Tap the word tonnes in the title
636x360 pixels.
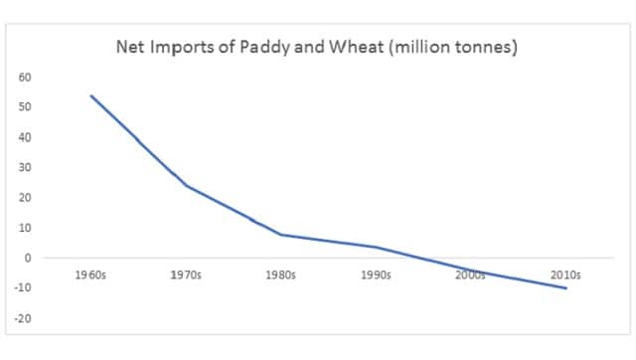point(483,47)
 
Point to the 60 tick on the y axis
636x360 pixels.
point(26,77)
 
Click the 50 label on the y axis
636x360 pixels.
point(26,106)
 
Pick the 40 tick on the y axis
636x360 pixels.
point(26,137)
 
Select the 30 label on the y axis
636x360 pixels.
point(26,167)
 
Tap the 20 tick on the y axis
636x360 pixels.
point(26,198)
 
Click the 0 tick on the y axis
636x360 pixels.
point(29,258)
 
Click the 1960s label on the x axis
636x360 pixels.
point(90,273)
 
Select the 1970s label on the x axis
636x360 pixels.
point(186,273)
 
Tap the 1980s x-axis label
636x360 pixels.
point(281,273)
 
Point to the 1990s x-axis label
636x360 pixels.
point(377,273)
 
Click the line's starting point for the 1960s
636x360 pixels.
point(90,95)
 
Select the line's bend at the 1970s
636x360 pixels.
point(186,186)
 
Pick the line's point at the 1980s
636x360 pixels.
point(281,235)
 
